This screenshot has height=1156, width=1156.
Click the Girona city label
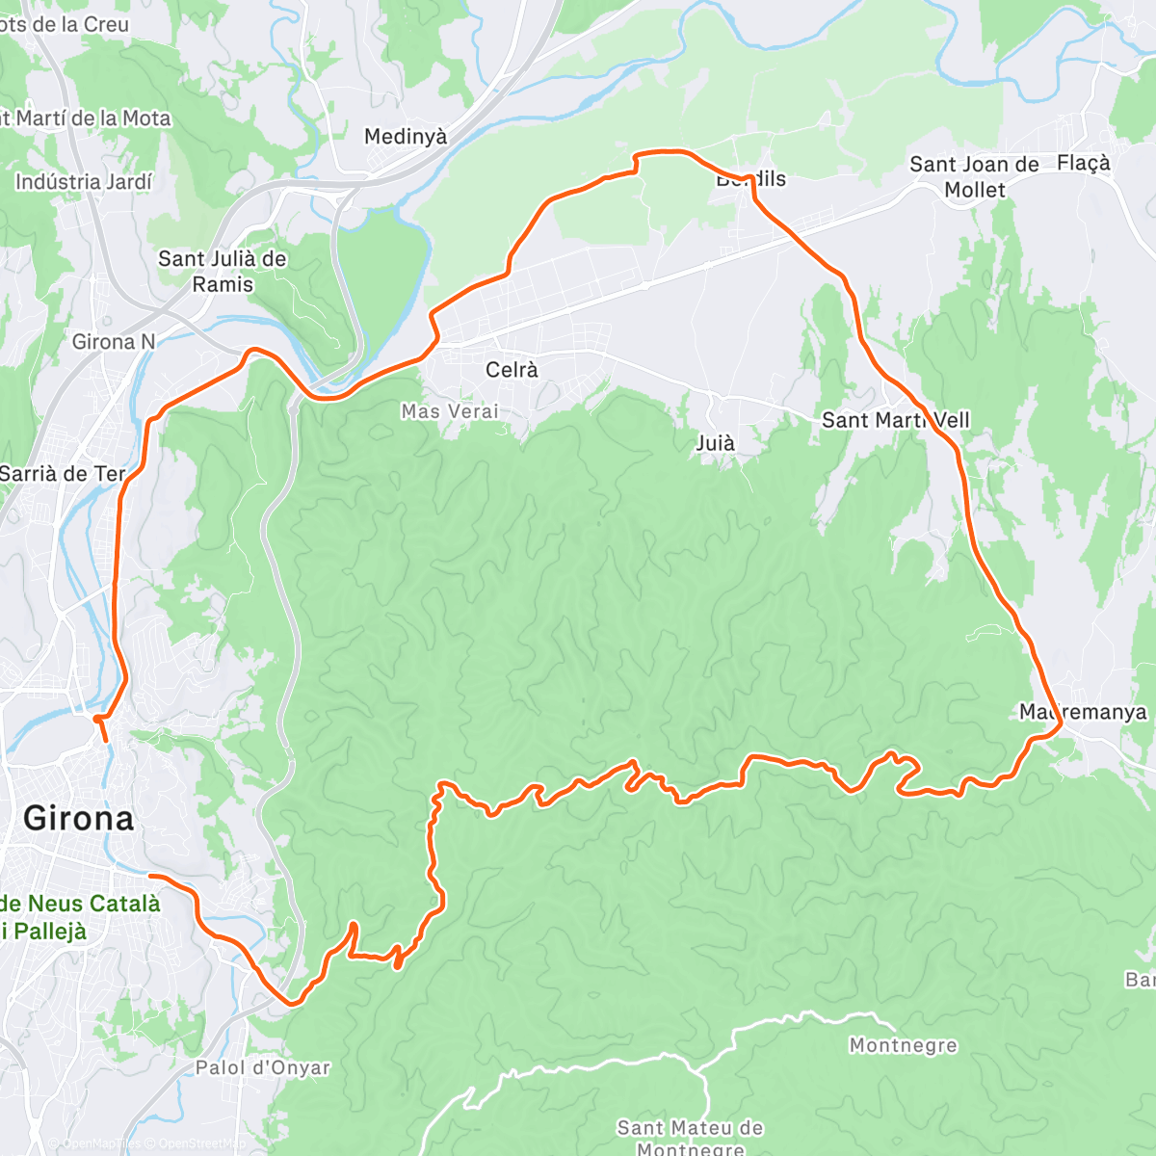[78, 818]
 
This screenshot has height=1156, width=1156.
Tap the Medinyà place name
[406, 137]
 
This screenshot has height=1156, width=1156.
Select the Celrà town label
[512, 370]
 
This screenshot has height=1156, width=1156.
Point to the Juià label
[715, 443]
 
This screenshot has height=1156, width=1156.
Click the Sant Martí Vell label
[895, 420]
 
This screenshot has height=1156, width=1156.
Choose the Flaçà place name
[1083, 163]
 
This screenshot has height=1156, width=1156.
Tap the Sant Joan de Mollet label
[974, 177]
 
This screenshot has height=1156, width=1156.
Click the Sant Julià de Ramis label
[223, 272]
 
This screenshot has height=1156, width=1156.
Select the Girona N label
[113, 342]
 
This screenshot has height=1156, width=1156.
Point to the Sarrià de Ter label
[63, 474]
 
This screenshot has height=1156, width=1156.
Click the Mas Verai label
[450, 411]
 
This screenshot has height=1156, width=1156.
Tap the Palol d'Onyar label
[262, 1067]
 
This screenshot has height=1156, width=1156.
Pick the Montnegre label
[903, 1045]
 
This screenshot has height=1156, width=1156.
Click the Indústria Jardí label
[84, 182]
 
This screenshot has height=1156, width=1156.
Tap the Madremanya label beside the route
[1083, 712]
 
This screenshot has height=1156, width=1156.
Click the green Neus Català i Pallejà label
[79, 917]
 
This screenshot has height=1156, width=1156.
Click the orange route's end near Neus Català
[151, 876]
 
